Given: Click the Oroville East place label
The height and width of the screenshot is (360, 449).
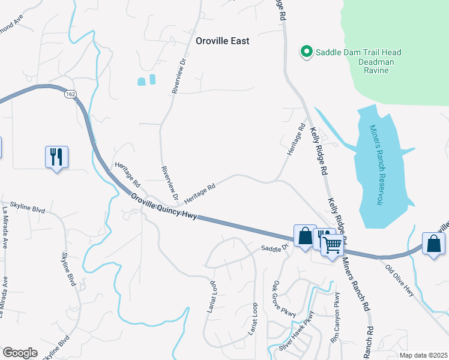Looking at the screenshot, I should click(x=222, y=41).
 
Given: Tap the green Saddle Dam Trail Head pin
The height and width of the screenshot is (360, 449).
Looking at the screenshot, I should click(x=306, y=52).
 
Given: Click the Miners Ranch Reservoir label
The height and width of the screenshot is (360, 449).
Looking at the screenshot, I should click(x=376, y=165).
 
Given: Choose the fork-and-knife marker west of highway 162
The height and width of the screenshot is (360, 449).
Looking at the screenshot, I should click(x=56, y=158).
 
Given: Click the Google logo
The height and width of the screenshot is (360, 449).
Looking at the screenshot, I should click(x=20, y=353).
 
